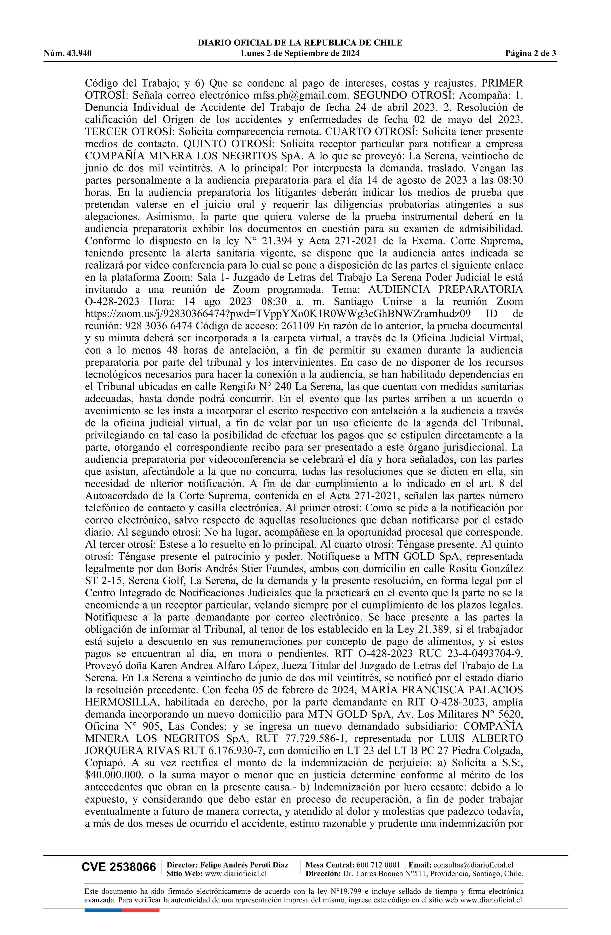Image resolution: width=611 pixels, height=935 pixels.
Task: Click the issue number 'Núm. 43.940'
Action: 68,53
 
